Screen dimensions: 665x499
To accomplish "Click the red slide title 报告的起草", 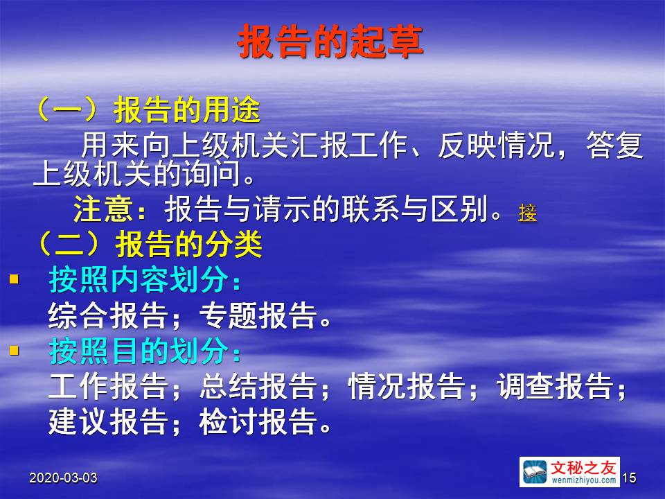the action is click(330, 41).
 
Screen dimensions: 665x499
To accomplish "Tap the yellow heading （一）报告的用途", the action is click(148, 110).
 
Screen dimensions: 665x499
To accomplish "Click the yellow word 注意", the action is click(103, 209).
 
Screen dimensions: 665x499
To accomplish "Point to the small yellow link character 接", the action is click(528, 213).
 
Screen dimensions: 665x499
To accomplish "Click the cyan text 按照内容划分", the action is click(144, 280).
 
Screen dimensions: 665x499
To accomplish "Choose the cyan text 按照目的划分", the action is click(144, 351).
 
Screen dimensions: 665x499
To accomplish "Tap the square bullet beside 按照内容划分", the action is click(15, 279).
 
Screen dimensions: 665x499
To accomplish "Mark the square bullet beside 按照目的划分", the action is click(15, 351).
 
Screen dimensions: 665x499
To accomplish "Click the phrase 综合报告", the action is click(108, 316).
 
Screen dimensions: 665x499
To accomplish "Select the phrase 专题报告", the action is click(258, 316).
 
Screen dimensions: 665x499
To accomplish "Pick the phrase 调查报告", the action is click(556, 386).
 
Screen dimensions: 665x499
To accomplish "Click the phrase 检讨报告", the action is click(258, 421).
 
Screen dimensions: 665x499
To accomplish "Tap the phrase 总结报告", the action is click(258, 386).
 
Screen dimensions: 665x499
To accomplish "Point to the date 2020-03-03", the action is click(63, 478).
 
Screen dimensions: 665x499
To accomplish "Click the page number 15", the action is click(630, 478).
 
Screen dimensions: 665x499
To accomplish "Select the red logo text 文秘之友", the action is click(583, 468).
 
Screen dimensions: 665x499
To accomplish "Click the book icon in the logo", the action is click(534, 472).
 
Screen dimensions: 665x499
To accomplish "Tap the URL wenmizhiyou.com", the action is click(583, 480).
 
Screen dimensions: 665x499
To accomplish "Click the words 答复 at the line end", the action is click(614, 145).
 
